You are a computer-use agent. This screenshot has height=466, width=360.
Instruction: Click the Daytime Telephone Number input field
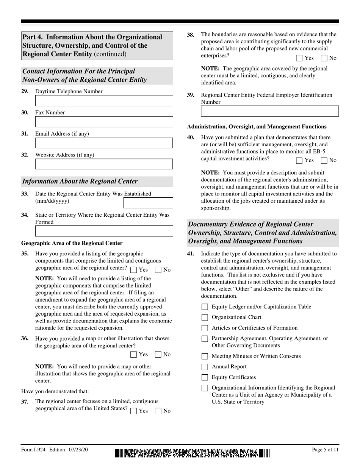[104, 101]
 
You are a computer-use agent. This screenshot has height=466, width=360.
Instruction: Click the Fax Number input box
[104, 122]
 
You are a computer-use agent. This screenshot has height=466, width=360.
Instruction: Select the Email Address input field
[104, 143]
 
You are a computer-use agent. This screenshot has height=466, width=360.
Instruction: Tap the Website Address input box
[104, 164]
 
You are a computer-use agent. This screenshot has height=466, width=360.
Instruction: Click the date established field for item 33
[148, 203]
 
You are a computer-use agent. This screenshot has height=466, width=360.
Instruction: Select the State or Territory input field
[104, 231]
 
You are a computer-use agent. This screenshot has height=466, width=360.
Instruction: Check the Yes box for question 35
[133, 270]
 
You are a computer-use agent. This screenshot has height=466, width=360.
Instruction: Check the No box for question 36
[158, 355]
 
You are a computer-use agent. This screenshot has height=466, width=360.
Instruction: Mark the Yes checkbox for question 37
[133, 411]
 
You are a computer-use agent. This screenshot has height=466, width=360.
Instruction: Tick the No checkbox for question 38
[324, 58]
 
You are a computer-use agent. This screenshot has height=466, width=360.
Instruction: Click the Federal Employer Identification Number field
[269, 111]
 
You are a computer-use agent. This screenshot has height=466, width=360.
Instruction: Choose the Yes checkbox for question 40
[299, 160]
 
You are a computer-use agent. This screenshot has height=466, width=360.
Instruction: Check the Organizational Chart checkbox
[205, 317]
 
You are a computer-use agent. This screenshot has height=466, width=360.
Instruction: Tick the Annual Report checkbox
[205, 367]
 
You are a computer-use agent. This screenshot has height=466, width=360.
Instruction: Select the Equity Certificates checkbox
[205, 377]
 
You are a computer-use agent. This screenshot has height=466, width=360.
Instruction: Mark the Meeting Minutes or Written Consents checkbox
[205, 356]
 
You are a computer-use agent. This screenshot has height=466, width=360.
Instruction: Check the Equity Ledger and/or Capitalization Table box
[205, 307]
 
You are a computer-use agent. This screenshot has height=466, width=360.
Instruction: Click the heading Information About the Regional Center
[80, 181]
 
